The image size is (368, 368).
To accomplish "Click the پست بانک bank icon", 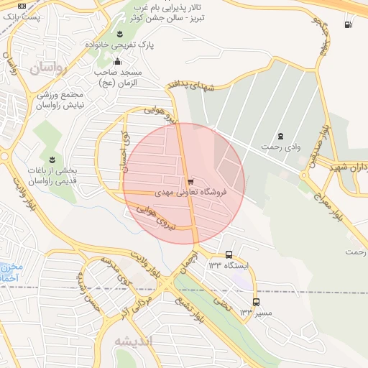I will [22, 6].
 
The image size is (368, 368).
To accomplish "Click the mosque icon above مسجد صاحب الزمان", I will [118, 61].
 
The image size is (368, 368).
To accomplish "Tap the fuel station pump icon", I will [349, 25].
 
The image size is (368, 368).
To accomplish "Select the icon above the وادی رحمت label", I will [280, 136].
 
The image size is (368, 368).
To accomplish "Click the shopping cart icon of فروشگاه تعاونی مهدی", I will [189, 182].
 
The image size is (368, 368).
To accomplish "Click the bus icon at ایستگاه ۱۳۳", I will [229, 254].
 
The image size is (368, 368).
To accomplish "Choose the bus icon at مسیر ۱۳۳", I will [256, 302].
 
